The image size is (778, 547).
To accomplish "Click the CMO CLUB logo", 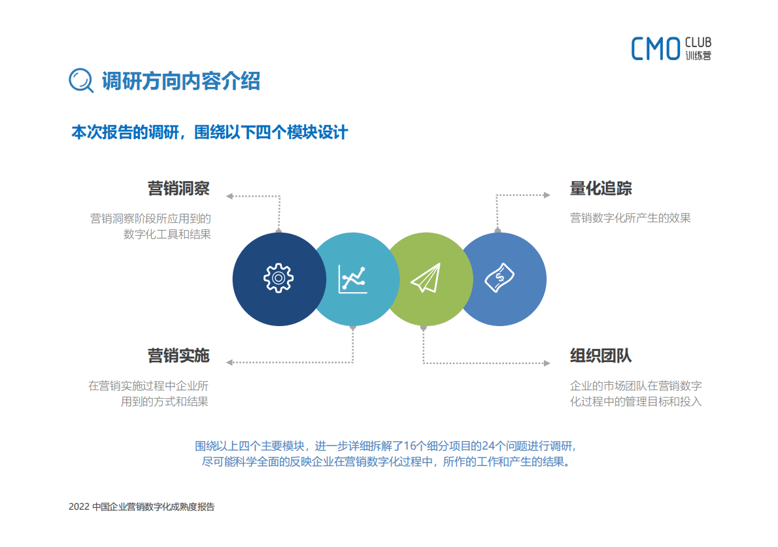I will coord(671,48).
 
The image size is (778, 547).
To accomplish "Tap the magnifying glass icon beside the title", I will coord(81,80).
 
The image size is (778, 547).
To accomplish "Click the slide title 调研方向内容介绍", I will coord(180,80).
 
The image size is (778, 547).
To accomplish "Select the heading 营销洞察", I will coord(178,189).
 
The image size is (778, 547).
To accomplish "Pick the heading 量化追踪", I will coord(601,189).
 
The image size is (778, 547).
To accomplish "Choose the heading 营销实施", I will coord(178,356).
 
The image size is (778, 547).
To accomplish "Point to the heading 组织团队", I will coord(601,356).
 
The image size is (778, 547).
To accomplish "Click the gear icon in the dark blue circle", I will coord(279,278).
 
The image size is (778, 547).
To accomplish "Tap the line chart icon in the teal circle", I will coord(352,278).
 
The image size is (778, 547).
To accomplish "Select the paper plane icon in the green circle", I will coord(426,278).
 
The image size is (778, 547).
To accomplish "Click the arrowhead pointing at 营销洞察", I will coord(229,195).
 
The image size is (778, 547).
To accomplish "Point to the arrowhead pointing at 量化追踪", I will coord(547,195).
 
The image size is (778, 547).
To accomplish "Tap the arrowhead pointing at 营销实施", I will coord(229,362).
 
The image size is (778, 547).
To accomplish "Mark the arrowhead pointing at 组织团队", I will coord(547,362).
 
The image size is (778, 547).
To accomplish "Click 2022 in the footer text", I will coord(78,506).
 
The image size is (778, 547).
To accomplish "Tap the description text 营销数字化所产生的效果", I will coord(630,218).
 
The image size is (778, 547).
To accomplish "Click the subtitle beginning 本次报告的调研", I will coord(209,132).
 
